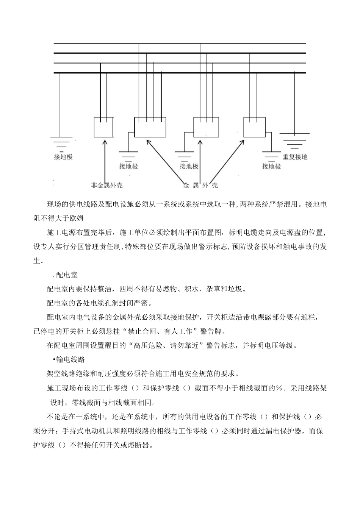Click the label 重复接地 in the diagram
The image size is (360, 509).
click(x=295, y=157)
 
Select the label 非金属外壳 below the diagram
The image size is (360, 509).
click(x=106, y=185)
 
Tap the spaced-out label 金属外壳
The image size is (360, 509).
click(x=200, y=185)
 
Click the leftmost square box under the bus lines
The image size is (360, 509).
click(x=103, y=127)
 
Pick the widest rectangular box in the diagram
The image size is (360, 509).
click(x=150, y=127)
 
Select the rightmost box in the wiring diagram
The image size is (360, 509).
click(x=254, y=127)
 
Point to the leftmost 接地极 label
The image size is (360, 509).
click(x=63, y=157)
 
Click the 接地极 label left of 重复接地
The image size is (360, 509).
click(x=271, y=166)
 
